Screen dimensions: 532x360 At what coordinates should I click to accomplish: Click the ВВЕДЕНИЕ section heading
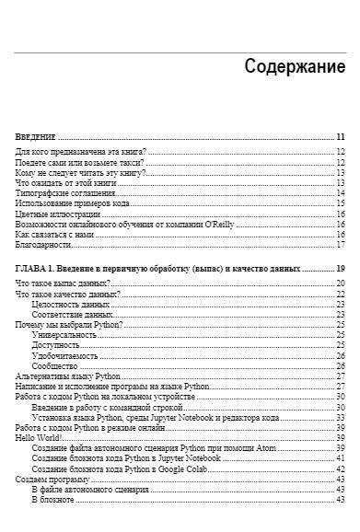click(36, 136)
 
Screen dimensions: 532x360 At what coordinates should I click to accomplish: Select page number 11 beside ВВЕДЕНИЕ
click(341, 136)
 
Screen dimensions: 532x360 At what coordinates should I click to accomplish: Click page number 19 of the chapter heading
click(341, 269)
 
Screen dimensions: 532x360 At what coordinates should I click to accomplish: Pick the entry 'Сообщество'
click(55, 365)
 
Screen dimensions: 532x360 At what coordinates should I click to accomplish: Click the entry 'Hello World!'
click(39, 438)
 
